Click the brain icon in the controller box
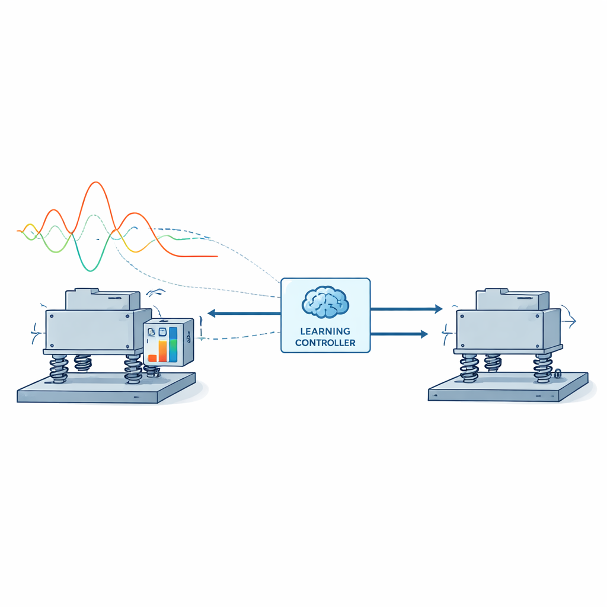point(325,302)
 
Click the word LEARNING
point(325,331)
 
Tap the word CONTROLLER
point(325,343)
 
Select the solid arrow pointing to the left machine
point(244,313)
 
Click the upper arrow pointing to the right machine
point(407,309)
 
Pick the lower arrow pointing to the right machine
point(399,334)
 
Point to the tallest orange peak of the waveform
point(95,183)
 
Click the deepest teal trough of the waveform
point(91,270)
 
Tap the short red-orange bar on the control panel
point(152,358)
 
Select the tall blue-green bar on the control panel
point(173,344)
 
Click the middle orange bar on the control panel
point(162,351)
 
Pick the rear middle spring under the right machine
point(493,363)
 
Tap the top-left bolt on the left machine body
point(52,317)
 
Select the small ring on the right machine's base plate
point(558,373)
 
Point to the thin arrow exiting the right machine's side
point(569,321)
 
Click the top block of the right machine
point(512,299)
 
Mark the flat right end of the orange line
point(217,256)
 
